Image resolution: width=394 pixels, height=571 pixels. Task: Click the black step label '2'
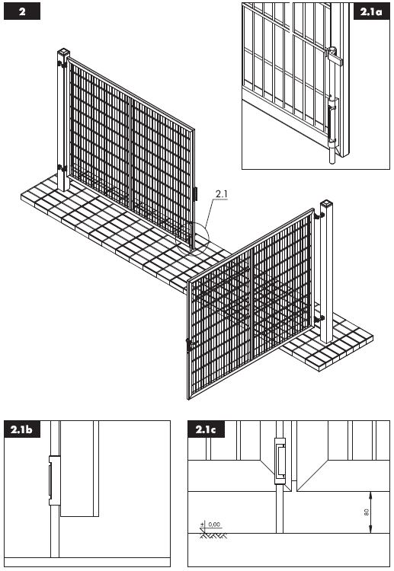(21, 11)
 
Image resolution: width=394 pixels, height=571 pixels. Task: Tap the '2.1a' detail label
(371, 11)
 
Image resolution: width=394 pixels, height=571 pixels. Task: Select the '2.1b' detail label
(21, 429)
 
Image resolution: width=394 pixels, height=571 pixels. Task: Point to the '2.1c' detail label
(206, 429)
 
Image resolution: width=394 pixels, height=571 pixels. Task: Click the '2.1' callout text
(221, 194)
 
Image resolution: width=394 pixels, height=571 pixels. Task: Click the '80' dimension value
(367, 512)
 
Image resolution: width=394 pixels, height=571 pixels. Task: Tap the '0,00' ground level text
(214, 525)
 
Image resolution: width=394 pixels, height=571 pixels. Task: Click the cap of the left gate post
(63, 52)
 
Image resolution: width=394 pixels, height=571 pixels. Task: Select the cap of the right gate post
(327, 203)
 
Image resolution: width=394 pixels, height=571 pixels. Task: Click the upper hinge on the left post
(62, 65)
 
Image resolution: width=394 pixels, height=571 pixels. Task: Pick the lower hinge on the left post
(62, 168)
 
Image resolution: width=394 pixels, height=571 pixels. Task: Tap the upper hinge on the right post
(319, 216)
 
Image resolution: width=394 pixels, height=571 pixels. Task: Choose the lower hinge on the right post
(319, 319)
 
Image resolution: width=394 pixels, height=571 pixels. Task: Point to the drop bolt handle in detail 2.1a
(335, 56)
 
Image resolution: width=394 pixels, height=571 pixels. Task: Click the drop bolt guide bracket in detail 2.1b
(54, 480)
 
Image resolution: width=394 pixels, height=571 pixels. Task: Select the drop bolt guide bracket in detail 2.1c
(280, 461)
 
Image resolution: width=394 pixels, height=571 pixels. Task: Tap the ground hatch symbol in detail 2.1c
(213, 536)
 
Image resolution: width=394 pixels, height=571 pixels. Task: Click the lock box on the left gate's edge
(196, 193)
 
